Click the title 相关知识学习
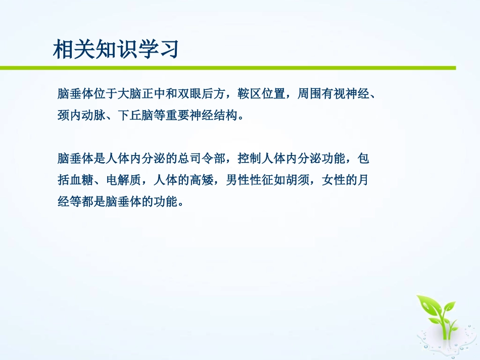click(x=116, y=50)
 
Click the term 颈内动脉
click(x=81, y=116)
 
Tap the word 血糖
click(x=81, y=181)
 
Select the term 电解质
click(x=123, y=181)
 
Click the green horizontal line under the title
click(x=227, y=68)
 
